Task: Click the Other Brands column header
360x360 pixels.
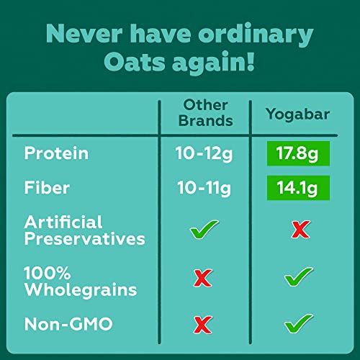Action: point(204,112)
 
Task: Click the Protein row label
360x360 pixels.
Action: point(56,153)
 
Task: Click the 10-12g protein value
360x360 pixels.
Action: point(204,153)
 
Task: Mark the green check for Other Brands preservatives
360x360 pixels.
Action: point(204,232)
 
